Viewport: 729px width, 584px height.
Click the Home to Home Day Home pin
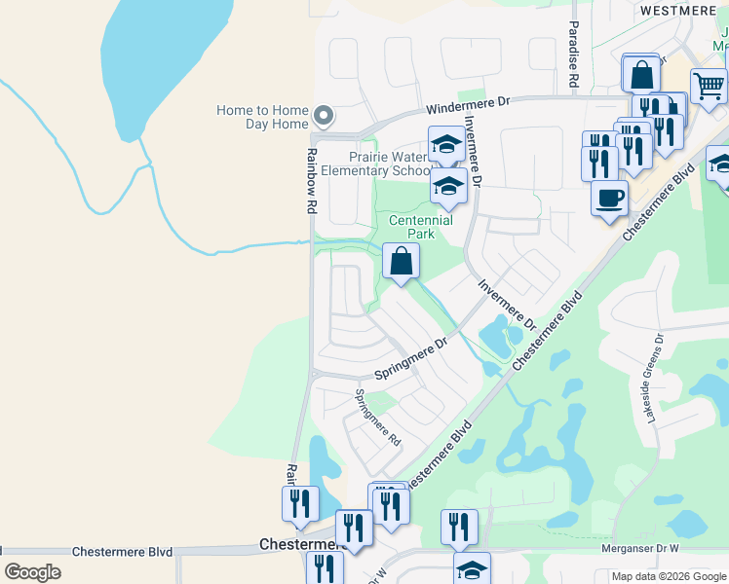point(325,118)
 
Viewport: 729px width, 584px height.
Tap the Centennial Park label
point(421,227)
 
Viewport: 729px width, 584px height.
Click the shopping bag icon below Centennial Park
point(401,261)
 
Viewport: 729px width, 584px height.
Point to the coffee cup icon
point(610,198)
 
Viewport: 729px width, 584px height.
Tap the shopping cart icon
point(709,86)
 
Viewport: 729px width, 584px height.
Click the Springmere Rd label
point(378,418)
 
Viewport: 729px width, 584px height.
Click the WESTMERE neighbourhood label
point(680,10)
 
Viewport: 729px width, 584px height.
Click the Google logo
point(32,572)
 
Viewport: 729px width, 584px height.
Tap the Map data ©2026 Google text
point(669,577)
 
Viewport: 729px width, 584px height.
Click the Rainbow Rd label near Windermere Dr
point(312,181)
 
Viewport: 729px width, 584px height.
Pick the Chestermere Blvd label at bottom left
point(122,552)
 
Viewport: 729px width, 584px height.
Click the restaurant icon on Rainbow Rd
point(299,503)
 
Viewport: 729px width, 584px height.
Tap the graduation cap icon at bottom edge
point(472,569)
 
